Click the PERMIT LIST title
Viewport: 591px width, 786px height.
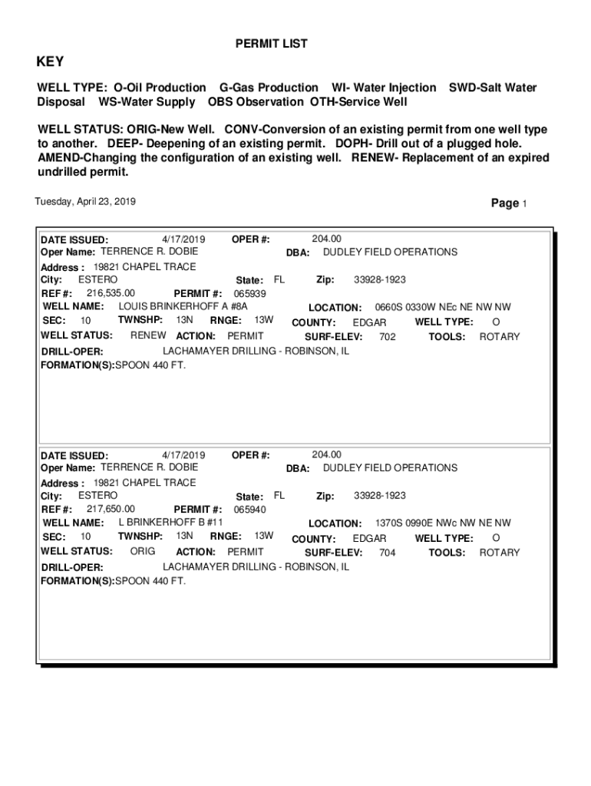point(271,44)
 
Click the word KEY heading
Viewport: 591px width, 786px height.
point(51,62)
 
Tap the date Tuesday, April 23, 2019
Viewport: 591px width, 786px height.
point(85,202)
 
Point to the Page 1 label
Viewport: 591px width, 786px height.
point(508,203)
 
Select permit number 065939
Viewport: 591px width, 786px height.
point(249,293)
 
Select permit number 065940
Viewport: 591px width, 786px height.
point(249,509)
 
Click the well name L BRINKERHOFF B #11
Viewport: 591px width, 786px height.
point(170,522)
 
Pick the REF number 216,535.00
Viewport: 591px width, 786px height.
point(111,292)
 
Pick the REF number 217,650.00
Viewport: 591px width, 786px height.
point(111,508)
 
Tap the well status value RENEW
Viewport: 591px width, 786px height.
point(148,335)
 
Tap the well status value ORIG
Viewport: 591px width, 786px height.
point(143,551)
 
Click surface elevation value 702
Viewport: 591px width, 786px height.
point(388,336)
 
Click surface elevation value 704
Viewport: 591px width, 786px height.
point(388,552)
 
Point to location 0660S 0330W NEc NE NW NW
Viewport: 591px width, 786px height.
point(442,307)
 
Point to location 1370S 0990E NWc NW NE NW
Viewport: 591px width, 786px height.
point(442,523)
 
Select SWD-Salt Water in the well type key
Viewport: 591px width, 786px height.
point(492,88)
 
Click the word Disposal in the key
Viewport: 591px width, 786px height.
point(62,101)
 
